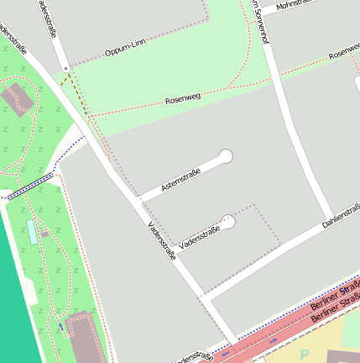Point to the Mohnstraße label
(294, 4)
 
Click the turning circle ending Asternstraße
(225, 155)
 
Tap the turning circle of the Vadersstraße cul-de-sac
(227, 223)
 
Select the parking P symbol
(305, 355)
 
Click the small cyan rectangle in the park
(32, 232)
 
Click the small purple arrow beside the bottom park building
(60, 326)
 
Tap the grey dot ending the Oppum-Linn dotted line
(65, 66)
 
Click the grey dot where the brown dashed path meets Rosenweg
(84, 114)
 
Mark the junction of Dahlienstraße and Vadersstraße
(204, 297)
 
